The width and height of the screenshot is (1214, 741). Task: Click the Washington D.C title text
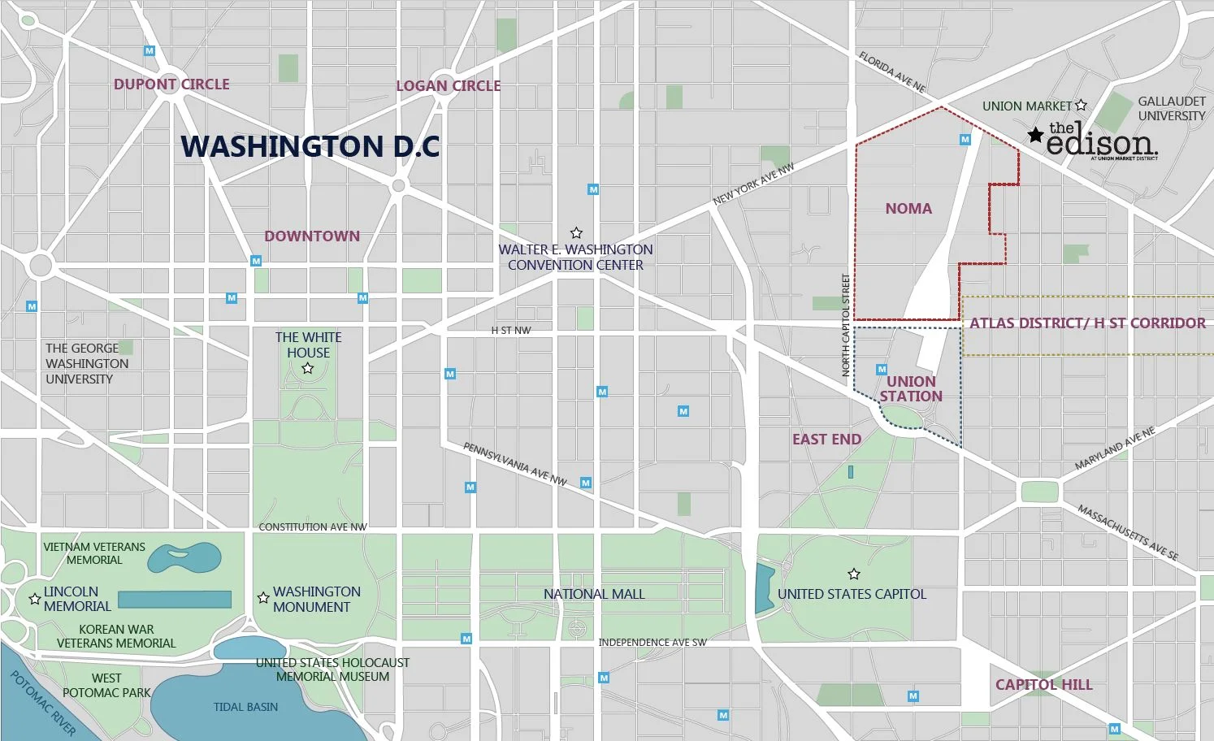[x=310, y=146]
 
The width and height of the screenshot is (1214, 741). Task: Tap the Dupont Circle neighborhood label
[x=171, y=84]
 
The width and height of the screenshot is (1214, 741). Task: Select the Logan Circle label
[x=448, y=85]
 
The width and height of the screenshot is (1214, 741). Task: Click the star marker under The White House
[x=308, y=369]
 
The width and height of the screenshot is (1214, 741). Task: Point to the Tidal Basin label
[x=245, y=707]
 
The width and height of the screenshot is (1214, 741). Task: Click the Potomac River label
[x=42, y=703]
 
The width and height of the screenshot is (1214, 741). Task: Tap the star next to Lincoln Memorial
[x=35, y=599]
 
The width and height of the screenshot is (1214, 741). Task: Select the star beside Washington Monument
[x=263, y=598]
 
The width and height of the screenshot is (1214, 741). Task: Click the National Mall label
[x=594, y=594]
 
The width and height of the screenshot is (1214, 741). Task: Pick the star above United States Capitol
[x=853, y=574]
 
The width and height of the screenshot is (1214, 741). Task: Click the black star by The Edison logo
[x=1035, y=135]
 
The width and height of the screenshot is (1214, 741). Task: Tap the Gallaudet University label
[x=1171, y=108]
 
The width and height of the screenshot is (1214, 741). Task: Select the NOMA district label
[x=908, y=209]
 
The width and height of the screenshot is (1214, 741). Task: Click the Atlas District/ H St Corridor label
[x=1087, y=323]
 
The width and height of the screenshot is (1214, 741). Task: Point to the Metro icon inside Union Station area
[x=882, y=370]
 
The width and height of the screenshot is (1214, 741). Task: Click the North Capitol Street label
[x=846, y=325]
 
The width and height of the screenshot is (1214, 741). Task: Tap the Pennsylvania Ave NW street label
[x=515, y=464]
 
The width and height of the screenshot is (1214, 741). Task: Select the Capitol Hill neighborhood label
[x=1043, y=685]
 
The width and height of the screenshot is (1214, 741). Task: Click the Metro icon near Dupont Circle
[x=149, y=50]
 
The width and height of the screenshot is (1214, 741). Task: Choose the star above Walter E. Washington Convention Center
[x=576, y=233]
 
